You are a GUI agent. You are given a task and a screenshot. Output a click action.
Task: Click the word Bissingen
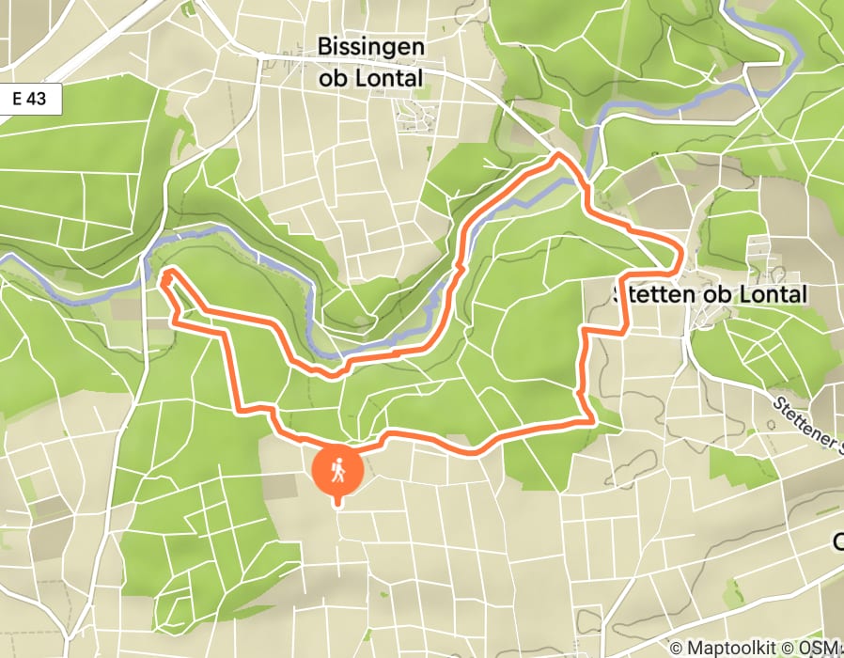[371, 46]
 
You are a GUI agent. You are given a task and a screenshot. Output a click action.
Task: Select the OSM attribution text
[821, 648]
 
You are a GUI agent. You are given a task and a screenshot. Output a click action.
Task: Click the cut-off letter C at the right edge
[837, 542]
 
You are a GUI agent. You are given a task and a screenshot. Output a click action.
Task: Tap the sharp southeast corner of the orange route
[590, 419]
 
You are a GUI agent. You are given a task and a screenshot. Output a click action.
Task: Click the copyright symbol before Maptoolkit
[676, 648]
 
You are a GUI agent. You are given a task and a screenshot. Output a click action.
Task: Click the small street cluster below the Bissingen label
[414, 117]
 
